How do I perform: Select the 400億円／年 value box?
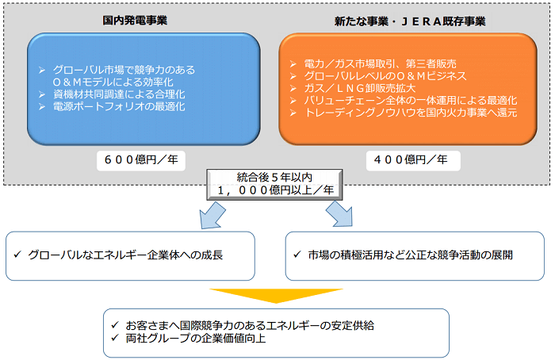409,159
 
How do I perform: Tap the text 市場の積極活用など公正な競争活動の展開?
402,255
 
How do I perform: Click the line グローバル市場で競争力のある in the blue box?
123,70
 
